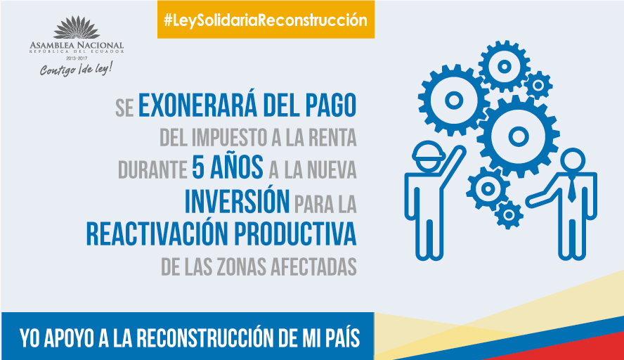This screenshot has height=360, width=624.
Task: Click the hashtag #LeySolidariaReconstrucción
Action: (266, 20)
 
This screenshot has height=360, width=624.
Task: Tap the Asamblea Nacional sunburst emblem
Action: (77, 27)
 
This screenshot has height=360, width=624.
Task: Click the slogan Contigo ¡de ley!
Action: (76, 69)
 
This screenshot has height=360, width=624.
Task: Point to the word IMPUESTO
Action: (229, 137)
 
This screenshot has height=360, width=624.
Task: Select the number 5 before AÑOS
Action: (198, 167)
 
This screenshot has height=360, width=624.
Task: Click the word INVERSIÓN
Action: (238, 201)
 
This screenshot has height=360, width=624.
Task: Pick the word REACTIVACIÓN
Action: (157, 233)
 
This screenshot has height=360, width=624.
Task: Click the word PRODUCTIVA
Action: (295, 233)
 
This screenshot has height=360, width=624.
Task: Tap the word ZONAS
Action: (242, 267)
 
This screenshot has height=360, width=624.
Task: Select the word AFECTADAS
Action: (314, 267)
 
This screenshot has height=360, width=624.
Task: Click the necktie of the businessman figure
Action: (571, 188)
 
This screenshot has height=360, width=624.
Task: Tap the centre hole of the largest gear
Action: (518, 136)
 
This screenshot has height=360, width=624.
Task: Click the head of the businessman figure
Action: (573, 160)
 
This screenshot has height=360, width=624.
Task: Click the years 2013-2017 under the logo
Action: (77, 58)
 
